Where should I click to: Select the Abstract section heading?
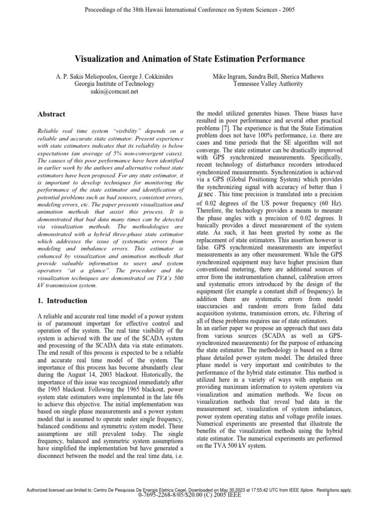pyautogui.click(x=52, y=114)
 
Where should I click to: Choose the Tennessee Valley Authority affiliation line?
pyautogui.click(x=269, y=84)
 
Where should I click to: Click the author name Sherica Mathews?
pyautogui.click(x=302, y=77)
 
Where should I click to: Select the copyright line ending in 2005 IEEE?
pyautogui.click(x=190, y=500)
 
